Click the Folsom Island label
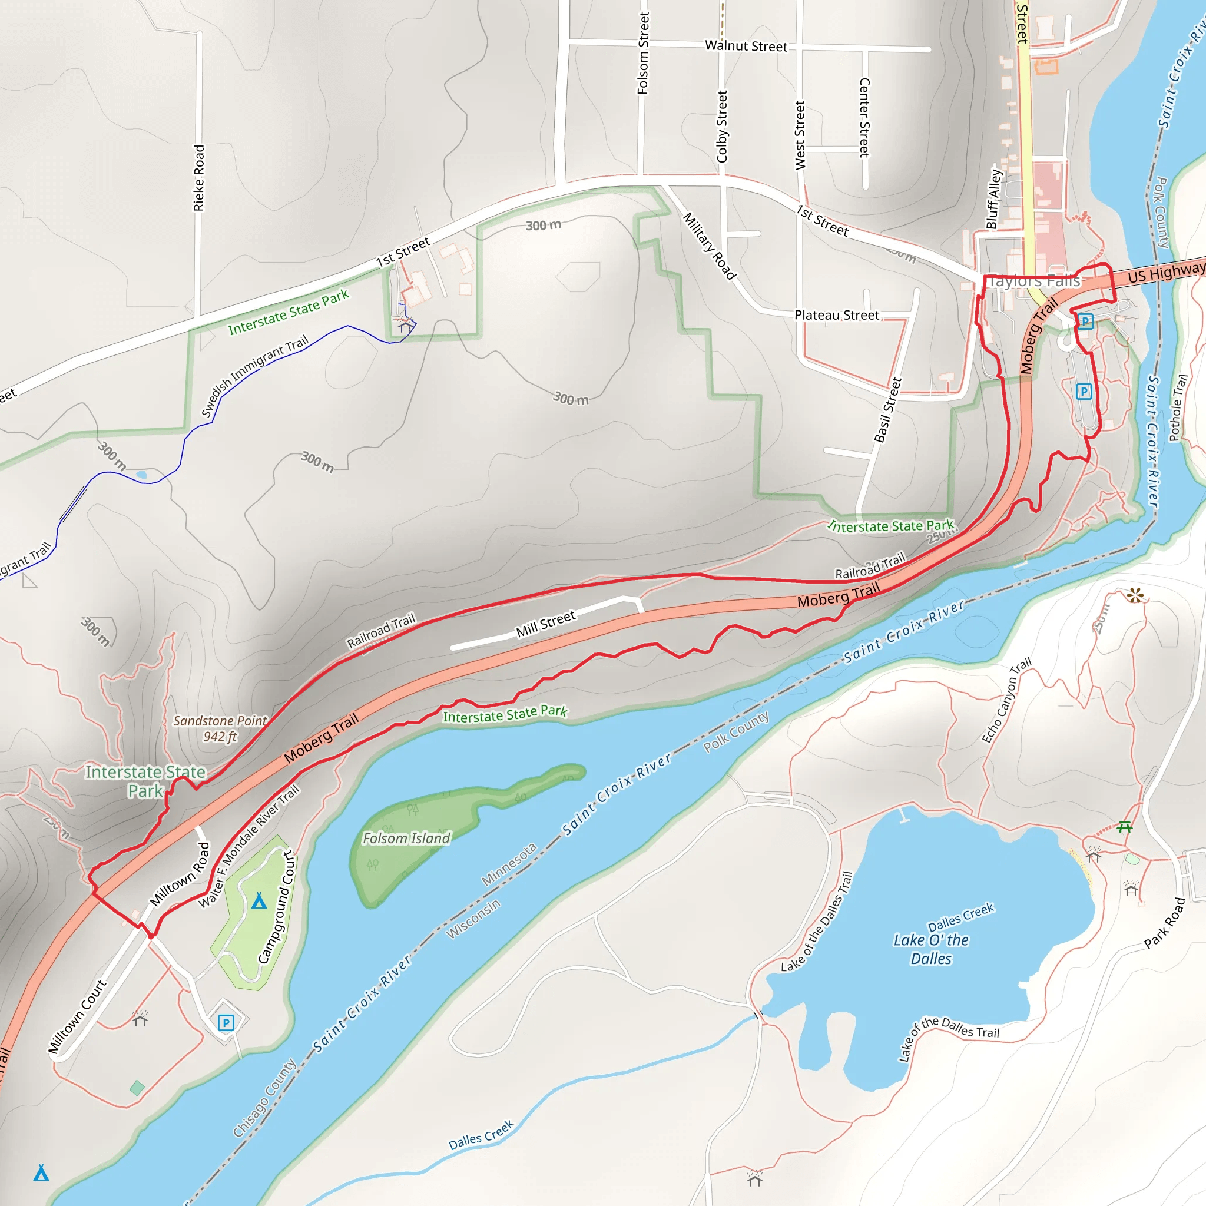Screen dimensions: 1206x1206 click(406, 839)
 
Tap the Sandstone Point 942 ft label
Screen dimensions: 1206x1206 click(220, 728)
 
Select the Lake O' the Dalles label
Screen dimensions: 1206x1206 click(931, 949)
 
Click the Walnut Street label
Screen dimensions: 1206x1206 click(746, 46)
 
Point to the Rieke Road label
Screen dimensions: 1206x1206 click(198, 178)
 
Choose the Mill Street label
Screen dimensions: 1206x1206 click(545, 624)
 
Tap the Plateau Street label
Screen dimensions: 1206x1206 click(836, 315)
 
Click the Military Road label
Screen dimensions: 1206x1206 click(709, 247)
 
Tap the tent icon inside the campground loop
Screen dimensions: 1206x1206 click(259, 901)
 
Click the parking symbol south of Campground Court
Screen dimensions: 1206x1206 click(226, 1022)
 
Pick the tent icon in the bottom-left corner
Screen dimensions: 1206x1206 click(41, 1173)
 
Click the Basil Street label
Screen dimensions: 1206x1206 click(887, 410)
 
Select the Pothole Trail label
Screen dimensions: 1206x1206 click(1178, 407)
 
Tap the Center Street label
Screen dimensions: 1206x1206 click(864, 117)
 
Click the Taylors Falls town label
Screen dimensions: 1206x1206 click(1033, 281)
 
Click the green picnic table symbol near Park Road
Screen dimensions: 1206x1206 click(1125, 827)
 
